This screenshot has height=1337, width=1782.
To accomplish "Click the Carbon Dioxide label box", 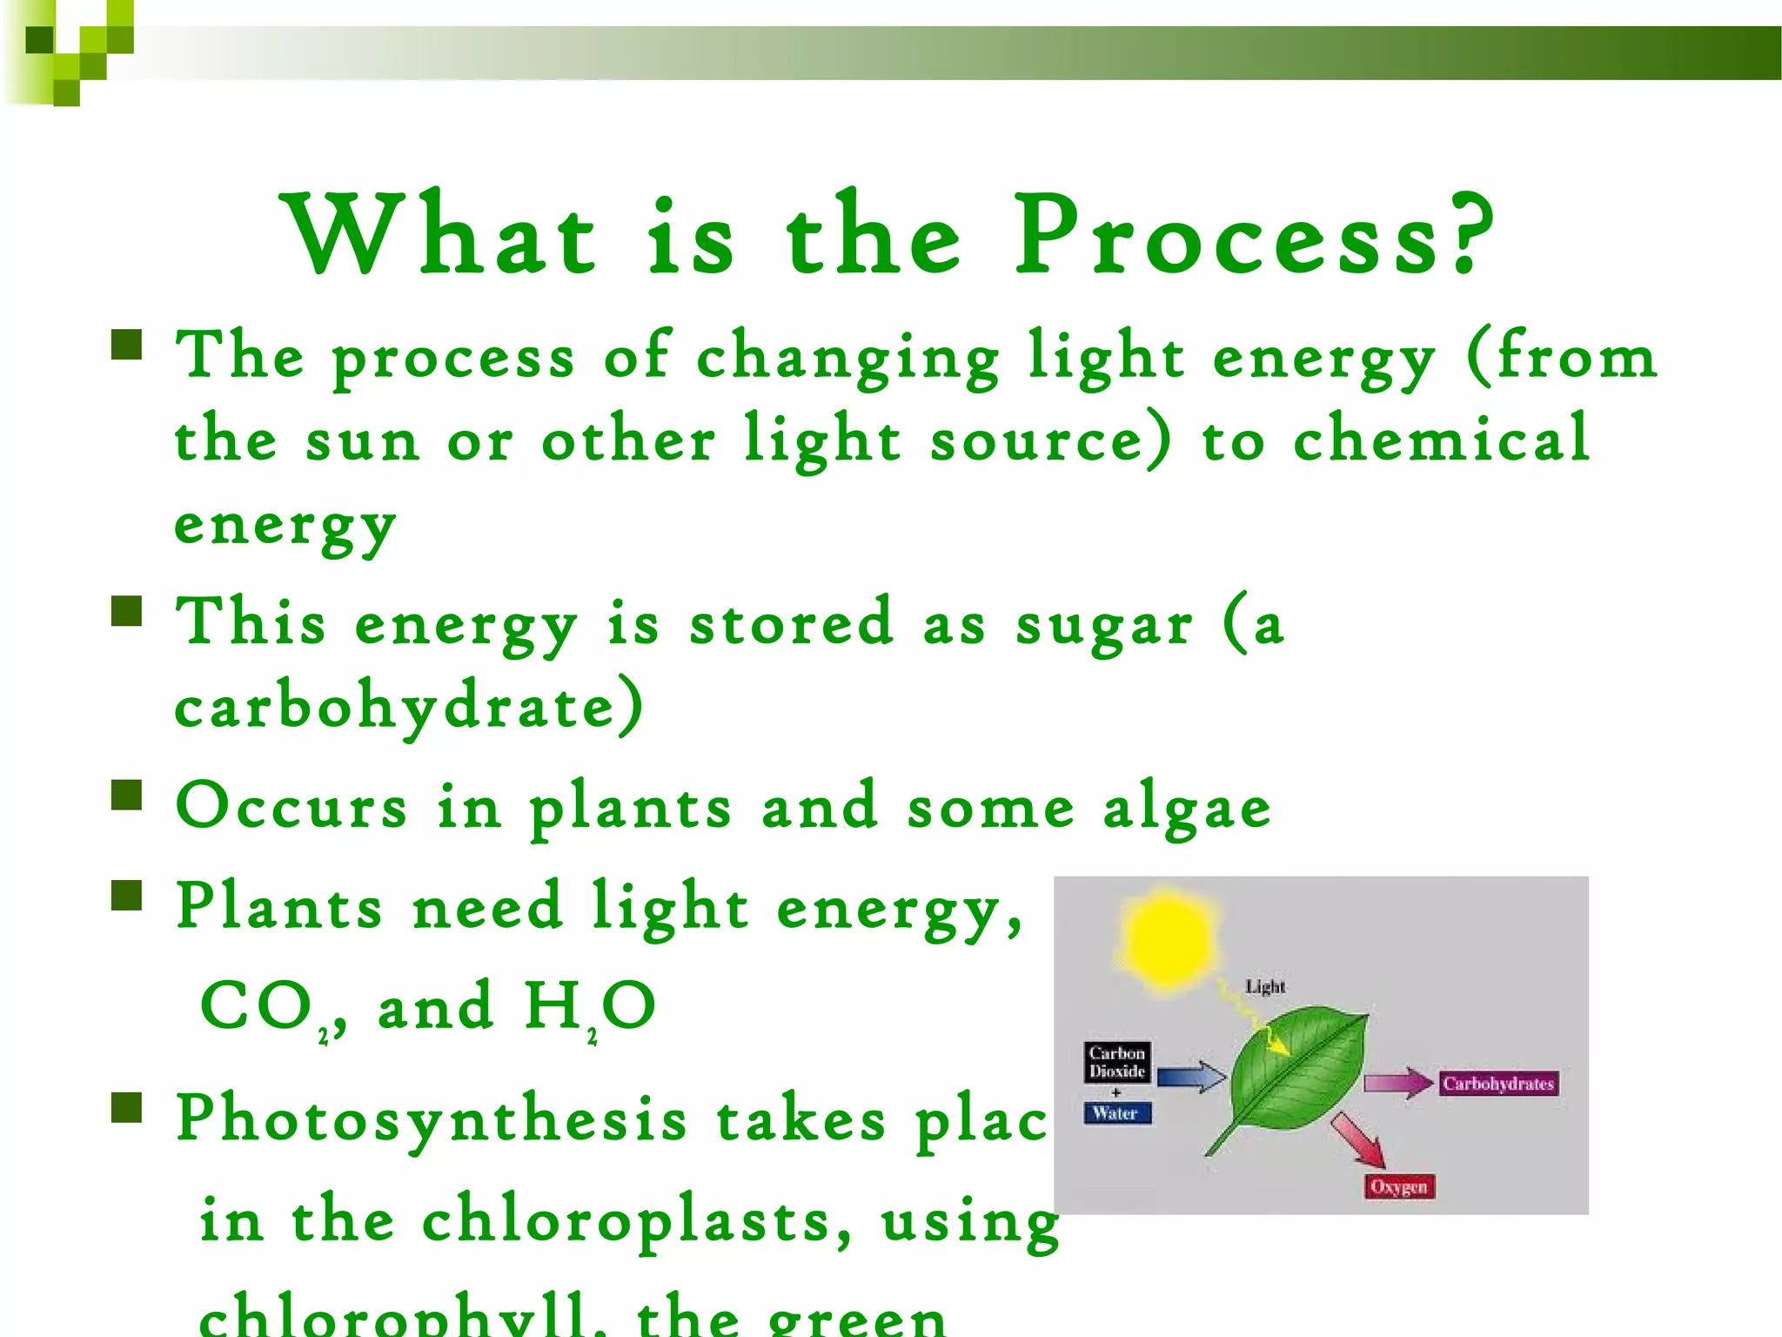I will pos(1117,1062).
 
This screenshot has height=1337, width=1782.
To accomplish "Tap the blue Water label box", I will pos(1117,1112).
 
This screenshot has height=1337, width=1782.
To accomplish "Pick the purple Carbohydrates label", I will pos(1497,1084).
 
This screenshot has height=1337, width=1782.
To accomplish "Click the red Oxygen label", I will pos(1398,1186).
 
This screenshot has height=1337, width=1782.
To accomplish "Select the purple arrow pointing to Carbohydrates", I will pos(1397,1084).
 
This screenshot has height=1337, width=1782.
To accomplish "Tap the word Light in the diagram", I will pos(1264,986).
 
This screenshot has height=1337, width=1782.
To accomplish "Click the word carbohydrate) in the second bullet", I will pos(409,707).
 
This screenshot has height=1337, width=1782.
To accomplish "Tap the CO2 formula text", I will pos(265,1008).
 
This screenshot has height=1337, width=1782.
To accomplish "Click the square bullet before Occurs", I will pos(127,795).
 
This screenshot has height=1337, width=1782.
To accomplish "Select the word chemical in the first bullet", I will pos(1441,439).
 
